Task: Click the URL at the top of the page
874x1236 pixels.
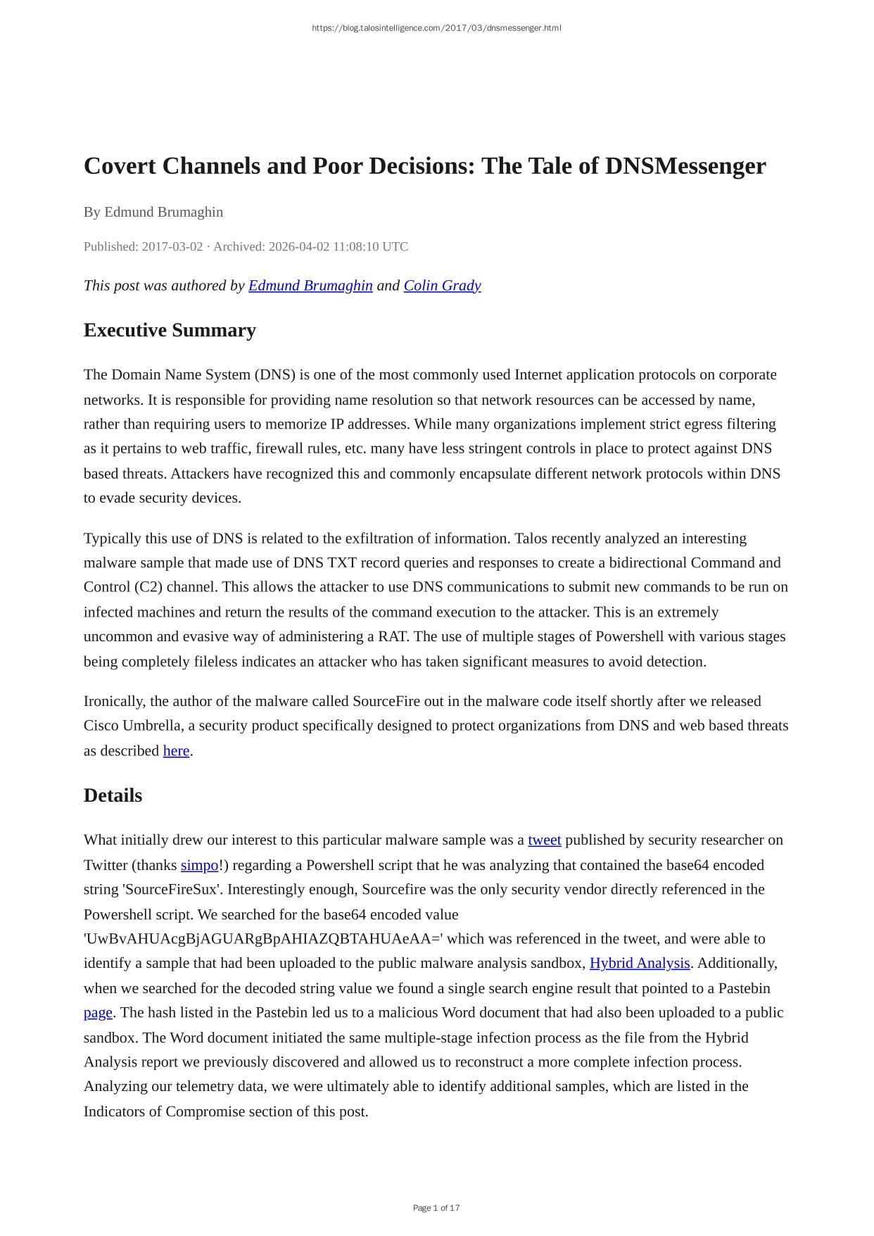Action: click(x=436, y=28)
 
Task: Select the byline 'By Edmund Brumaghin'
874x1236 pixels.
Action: click(x=153, y=212)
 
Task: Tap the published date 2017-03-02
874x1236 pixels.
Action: click(x=172, y=246)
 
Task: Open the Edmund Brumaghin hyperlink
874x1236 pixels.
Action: click(x=310, y=285)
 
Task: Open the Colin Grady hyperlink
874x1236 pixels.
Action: click(x=442, y=285)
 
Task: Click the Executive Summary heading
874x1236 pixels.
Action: click(x=170, y=330)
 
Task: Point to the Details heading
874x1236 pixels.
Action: click(x=113, y=795)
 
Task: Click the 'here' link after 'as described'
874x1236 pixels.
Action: click(x=176, y=750)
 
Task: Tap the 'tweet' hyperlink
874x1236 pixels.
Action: click(x=545, y=840)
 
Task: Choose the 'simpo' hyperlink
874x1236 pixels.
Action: click(x=200, y=865)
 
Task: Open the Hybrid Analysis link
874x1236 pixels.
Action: click(x=640, y=963)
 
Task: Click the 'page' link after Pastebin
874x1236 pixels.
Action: click(x=98, y=1012)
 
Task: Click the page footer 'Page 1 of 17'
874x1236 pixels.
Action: click(x=436, y=1208)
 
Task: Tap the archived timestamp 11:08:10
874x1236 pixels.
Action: click(x=353, y=246)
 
